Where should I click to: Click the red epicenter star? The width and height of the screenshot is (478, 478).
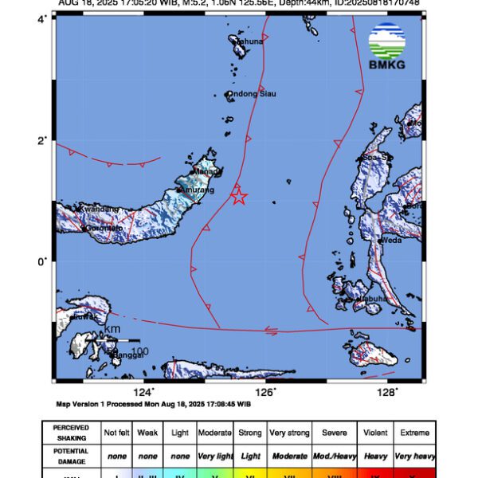point(238,196)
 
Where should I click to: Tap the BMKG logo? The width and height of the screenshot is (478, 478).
point(387,46)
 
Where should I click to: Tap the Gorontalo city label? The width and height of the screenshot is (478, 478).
point(104,228)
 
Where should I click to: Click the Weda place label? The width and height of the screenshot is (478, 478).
point(391,239)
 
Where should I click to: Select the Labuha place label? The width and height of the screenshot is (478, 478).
point(372,299)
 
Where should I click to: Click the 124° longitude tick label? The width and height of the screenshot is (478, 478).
point(143,391)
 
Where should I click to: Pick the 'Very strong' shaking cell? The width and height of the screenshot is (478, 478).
point(289,433)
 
